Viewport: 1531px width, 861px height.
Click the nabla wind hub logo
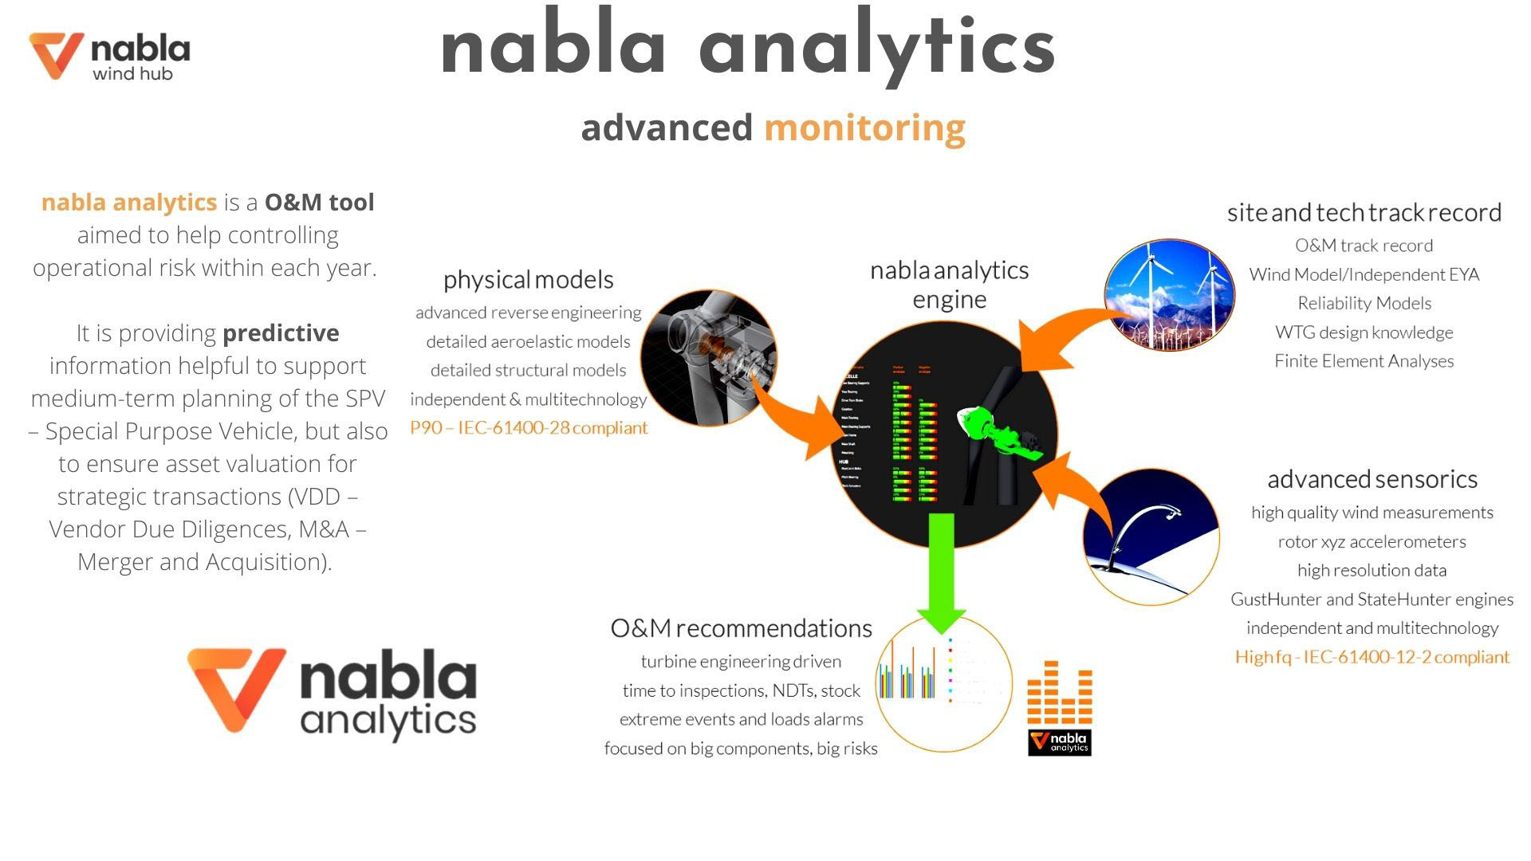[x=109, y=56]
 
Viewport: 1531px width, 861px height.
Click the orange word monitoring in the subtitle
[x=864, y=128]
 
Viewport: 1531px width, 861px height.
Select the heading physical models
[x=528, y=280]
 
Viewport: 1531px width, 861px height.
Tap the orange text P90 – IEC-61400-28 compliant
[x=529, y=428]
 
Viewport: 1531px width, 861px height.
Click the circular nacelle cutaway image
[x=708, y=357]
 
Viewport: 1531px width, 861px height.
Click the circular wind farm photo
[x=1169, y=295]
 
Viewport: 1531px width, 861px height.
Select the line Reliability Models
[x=1364, y=304]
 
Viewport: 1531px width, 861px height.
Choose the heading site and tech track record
[x=1364, y=213]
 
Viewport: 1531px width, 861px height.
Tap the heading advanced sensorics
[x=1372, y=479]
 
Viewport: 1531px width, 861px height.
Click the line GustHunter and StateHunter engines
[x=1372, y=600]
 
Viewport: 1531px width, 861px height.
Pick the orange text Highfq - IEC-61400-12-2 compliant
[x=1372, y=658]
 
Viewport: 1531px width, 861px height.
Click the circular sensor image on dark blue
[x=1151, y=537]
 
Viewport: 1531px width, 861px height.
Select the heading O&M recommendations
[x=741, y=628]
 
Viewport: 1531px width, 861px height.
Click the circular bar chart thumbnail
[x=943, y=683]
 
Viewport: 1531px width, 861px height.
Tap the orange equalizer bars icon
[x=1059, y=692]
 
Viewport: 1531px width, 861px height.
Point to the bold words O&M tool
[x=319, y=202]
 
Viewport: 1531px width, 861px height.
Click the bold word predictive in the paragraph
[x=281, y=333]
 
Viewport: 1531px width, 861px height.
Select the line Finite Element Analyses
[x=1364, y=362]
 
